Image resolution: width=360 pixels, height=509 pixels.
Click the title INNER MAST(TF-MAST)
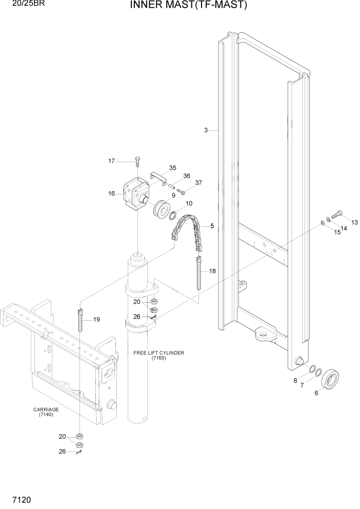tap(189, 6)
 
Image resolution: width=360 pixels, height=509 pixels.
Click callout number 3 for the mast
tap(206, 130)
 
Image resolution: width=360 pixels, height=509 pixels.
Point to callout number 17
tap(111, 162)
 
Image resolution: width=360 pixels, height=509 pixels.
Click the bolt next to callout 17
tap(137, 162)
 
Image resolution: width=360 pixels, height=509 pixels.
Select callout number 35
tap(172, 168)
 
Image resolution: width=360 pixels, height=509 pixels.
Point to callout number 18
tap(212, 271)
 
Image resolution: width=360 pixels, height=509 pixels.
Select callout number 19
tap(96, 320)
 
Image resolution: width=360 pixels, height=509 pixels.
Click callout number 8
tap(295, 380)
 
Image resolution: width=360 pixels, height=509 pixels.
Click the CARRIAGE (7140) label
tap(46, 412)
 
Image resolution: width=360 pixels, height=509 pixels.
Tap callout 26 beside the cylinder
tap(137, 317)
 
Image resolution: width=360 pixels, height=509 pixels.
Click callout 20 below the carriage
tap(62, 437)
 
